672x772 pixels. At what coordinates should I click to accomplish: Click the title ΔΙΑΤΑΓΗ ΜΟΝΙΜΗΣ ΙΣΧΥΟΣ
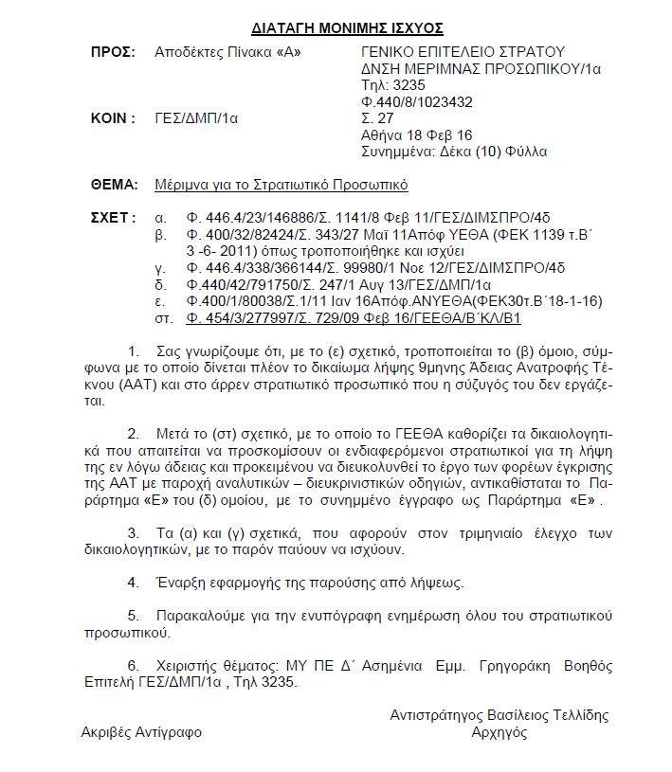335,28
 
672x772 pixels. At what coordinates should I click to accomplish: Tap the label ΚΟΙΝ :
112,119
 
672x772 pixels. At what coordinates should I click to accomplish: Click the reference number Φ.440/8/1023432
417,102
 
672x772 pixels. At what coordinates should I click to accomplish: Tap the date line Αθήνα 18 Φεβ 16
416,135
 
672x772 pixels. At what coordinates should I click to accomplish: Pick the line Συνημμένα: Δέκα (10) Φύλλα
454,153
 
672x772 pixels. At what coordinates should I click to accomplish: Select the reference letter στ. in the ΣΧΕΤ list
162,318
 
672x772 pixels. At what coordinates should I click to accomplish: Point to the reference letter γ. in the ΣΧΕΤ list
160,268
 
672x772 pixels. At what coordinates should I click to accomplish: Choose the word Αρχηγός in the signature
499,732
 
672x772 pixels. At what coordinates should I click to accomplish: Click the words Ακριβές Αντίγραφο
141,732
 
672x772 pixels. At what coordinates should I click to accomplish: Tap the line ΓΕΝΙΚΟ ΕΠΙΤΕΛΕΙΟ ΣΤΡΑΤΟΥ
463,51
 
